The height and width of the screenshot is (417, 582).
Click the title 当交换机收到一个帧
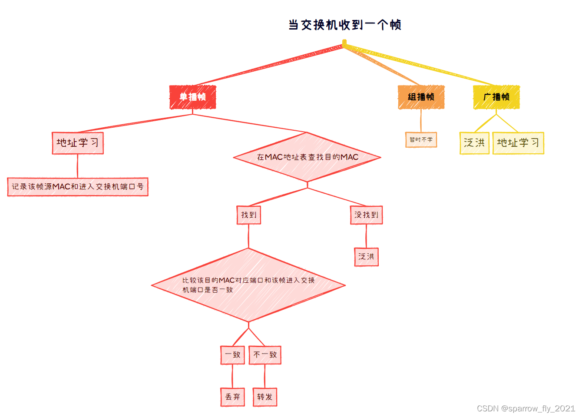click(345, 25)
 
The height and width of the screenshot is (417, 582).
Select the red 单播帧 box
click(192, 97)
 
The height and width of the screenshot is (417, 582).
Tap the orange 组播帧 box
click(421, 97)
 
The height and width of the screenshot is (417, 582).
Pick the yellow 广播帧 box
click(496, 97)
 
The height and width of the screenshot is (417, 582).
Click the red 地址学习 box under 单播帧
click(78, 143)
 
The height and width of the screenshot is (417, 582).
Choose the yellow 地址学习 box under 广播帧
click(518, 143)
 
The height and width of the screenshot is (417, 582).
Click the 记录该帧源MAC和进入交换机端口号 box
click(78, 187)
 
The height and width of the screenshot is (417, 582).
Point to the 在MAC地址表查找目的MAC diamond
click(307, 157)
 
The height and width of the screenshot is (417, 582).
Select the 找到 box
click(249, 215)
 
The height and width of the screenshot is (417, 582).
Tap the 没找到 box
click(366, 215)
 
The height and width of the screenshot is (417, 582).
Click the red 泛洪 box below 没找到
click(366, 257)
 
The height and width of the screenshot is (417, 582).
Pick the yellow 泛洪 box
click(474, 143)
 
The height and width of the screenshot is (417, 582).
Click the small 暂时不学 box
click(421, 140)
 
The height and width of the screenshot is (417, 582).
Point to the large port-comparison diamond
click(248, 285)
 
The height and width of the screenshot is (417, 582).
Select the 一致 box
click(233, 355)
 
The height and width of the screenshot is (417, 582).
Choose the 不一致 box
click(265, 355)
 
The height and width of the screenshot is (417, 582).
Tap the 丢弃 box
click(233, 397)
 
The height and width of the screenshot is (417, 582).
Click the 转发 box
click(265, 397)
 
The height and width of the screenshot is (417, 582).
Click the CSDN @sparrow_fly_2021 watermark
click(526, 408)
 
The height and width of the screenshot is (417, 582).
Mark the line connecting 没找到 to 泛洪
click(366, 236)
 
